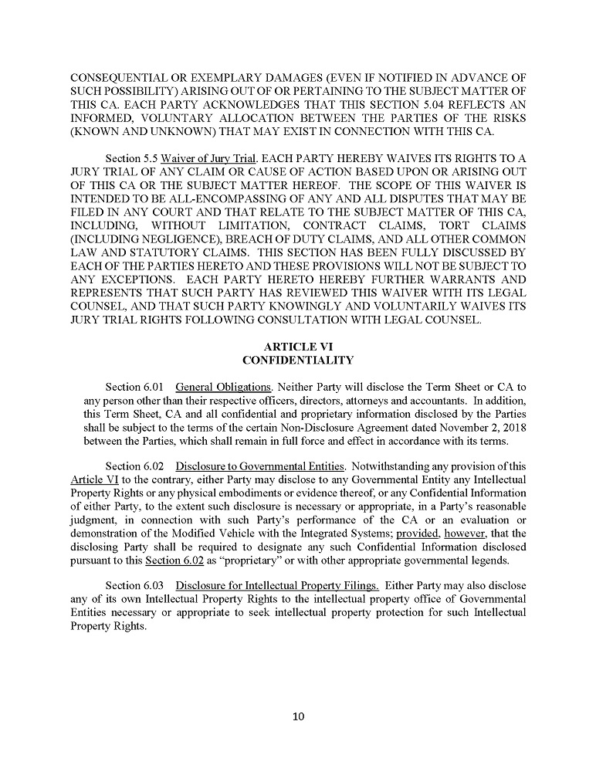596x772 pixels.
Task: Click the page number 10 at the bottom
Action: coord(299,716)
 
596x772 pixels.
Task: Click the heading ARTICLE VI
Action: coord(298,347)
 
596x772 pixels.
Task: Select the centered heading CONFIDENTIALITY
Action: coord(298,360)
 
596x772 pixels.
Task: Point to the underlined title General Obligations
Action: coord(224,386)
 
